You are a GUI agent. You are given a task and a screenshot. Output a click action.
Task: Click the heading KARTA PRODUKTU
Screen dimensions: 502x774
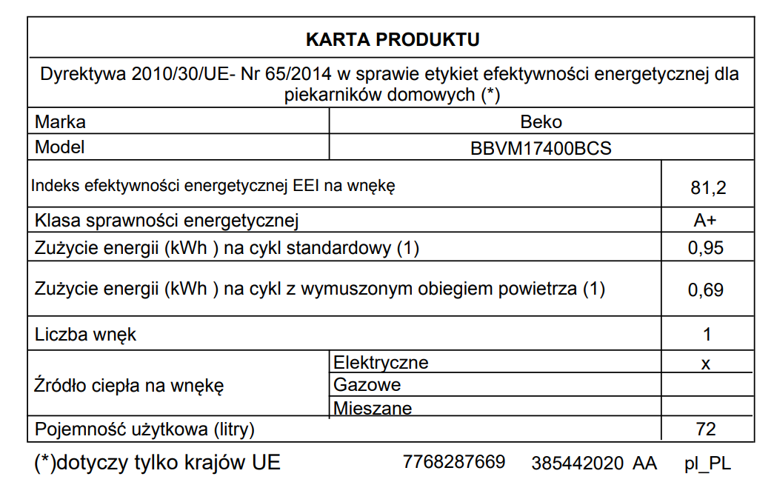click(x=393, y=39)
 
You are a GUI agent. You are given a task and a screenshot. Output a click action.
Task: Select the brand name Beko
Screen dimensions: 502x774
click(x=541, y=122)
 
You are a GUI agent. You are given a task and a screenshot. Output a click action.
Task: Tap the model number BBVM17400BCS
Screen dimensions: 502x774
click(x=541, y=148)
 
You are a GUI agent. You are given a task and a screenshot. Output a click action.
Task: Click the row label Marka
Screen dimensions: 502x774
click(x=60, y=122)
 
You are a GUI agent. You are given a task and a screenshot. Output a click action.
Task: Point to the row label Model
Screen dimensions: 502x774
click(x=60, y=147)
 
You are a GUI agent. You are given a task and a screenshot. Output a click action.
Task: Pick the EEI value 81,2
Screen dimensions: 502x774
click(x=707, y=189)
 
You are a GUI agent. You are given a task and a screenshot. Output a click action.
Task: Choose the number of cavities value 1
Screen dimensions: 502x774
click(x=707, y=335)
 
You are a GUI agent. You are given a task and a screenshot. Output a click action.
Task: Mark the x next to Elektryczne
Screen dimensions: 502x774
click(x=706, y=364)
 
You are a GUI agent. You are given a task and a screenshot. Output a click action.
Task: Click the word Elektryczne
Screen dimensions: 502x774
click(x=381, y=363)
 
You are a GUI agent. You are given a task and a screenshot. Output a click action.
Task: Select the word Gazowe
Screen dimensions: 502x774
click(x=367, y=385)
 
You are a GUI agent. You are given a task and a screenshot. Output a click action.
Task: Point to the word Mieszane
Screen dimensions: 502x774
click(x=373, y=408)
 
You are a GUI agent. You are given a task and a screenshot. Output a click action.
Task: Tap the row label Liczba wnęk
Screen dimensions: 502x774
click(x=86, y=335)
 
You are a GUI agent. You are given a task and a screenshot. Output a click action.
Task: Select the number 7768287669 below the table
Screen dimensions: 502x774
click(x=454, y=463)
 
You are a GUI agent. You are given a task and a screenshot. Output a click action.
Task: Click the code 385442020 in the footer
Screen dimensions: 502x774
click(x=578, y=463)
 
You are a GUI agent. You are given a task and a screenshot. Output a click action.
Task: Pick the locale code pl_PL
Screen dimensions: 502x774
click(x=707, y=464)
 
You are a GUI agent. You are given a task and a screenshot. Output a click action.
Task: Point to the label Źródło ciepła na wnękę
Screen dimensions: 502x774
click(x=129, y=386)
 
